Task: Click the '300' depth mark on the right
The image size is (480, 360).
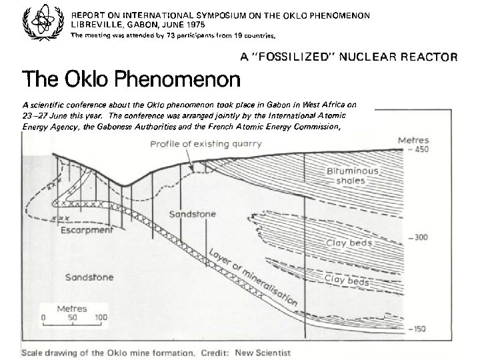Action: [420, 237]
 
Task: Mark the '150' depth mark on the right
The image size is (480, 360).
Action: [420, 329]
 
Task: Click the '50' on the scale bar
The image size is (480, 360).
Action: [71, 318]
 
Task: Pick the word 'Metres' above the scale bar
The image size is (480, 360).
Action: [72, 309]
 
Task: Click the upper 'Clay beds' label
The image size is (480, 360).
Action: [349, 243]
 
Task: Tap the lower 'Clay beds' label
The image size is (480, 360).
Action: [345, 282]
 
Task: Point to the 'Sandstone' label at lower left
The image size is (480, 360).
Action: [89, 277]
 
